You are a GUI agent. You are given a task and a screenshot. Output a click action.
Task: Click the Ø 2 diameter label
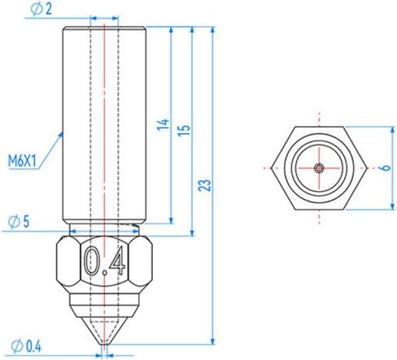coord(41,10)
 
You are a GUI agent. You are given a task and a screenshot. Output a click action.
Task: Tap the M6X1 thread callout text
coord(22,161)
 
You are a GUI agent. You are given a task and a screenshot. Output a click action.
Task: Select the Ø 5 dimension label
coord(19,222)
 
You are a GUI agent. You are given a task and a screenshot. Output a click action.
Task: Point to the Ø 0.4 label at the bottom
coord(26,346)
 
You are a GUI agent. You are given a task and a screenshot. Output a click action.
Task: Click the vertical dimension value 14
coord(164,124)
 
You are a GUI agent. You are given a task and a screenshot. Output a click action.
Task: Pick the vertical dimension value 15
coord(185,130)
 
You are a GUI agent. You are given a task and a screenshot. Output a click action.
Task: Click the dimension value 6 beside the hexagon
coord(386,167)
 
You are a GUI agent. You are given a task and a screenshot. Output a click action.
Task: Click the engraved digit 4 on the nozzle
coord(117,261)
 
